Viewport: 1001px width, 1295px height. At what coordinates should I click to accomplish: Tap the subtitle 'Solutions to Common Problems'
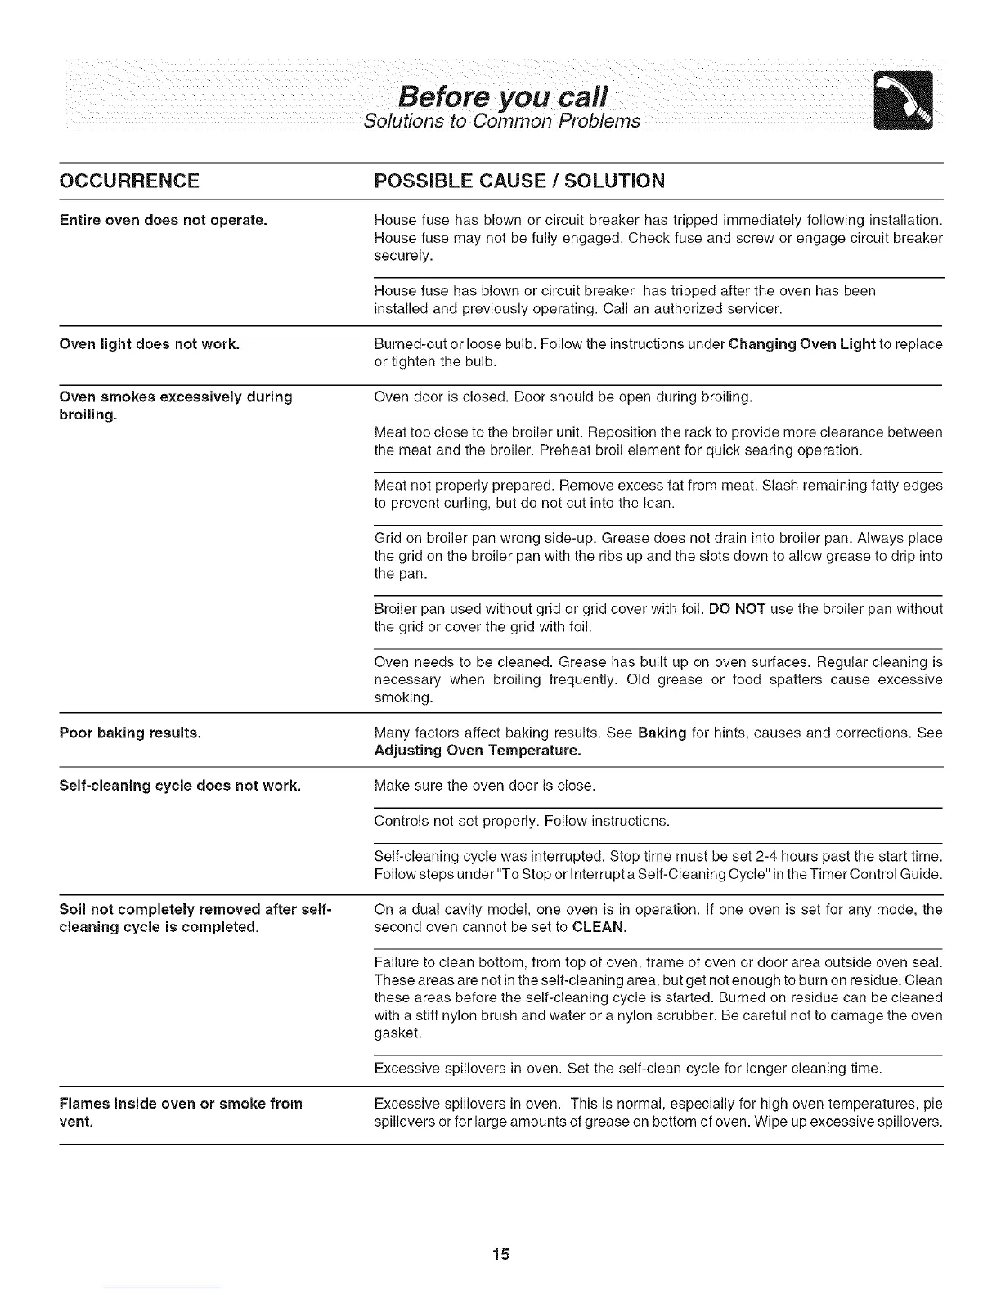(501, 122)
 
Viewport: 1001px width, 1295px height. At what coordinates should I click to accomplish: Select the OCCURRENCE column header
(129, 181)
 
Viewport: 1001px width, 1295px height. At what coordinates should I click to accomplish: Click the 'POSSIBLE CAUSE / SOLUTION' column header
(518, 181)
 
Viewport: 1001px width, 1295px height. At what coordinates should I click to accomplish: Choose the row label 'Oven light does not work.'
(150, 344)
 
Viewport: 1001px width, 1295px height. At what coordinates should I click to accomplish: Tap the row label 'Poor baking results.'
(131, 733)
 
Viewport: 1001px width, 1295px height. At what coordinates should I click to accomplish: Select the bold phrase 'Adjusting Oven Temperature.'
(478, 751)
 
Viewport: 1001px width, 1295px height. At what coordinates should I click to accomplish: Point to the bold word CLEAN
(599, 928)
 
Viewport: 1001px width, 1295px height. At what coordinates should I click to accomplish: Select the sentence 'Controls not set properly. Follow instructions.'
(521, 821)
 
